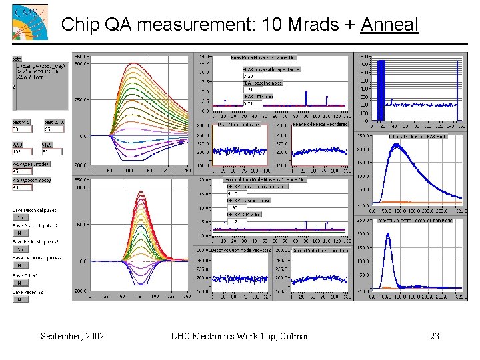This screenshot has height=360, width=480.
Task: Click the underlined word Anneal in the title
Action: pyautogui.click(x=389, y=25)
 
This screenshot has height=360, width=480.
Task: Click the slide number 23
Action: pyautogui.click(x=435, y=336)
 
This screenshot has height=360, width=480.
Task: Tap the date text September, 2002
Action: pyautogui.click(x=72, y=336)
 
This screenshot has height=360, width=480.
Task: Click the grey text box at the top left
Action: pyautogui.click(x=40, y=81)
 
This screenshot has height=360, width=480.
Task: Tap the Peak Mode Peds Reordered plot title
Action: pyautogui.click(x=319, y=125)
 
